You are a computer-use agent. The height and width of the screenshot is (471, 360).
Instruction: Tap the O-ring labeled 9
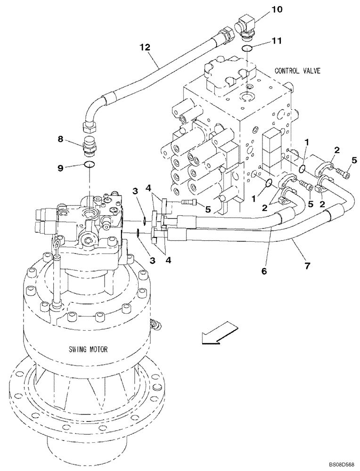pos(90,164)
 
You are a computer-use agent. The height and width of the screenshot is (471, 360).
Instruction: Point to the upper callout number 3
pos(135,191)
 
